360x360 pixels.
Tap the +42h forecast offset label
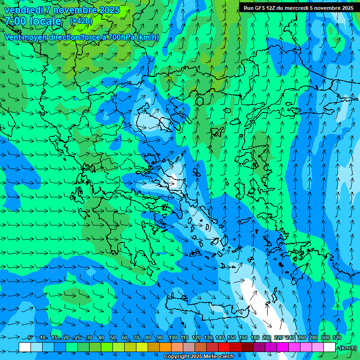tap(81, 21)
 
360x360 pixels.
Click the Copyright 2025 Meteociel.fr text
tap(199, 357)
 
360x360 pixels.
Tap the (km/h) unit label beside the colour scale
tap(348, 348)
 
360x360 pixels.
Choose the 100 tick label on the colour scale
tap(172, 338)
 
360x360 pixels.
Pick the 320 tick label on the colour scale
tap(337, 338)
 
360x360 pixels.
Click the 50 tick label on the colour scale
tap(113, 338)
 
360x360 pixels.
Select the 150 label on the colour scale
tap(232, 338)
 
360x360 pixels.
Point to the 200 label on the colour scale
tap(267, 338)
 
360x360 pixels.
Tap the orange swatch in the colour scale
tap(165, 347)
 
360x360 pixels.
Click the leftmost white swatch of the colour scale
tap(25, 347)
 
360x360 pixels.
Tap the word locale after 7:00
tap(45, 21)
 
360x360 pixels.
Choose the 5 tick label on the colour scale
tap(30, 338)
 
